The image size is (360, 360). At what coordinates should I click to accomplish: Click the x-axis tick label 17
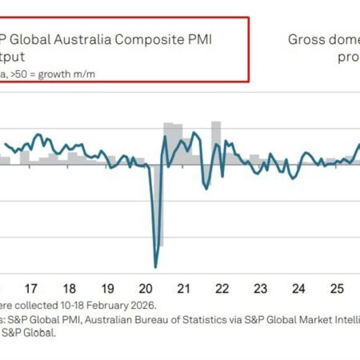[31, 288]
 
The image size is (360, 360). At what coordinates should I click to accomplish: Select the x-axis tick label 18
[70, 288]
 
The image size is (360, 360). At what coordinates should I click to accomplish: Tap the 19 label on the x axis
[107, 288]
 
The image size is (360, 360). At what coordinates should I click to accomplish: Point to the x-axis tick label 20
[145, 288]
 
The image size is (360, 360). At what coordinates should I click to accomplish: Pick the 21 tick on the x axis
[183, 288]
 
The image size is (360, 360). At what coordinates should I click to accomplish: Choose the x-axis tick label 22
[221, 288]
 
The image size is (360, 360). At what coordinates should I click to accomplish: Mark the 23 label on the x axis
[259, 288]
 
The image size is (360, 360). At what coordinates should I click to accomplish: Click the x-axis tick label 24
[298, 288]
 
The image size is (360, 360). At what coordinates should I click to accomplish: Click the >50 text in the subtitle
[25, 73]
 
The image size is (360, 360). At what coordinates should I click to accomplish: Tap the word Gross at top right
[306, 38]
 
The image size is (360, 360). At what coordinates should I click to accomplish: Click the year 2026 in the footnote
[142, 305]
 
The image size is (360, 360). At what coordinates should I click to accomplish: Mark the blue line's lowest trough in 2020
[155, 266]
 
